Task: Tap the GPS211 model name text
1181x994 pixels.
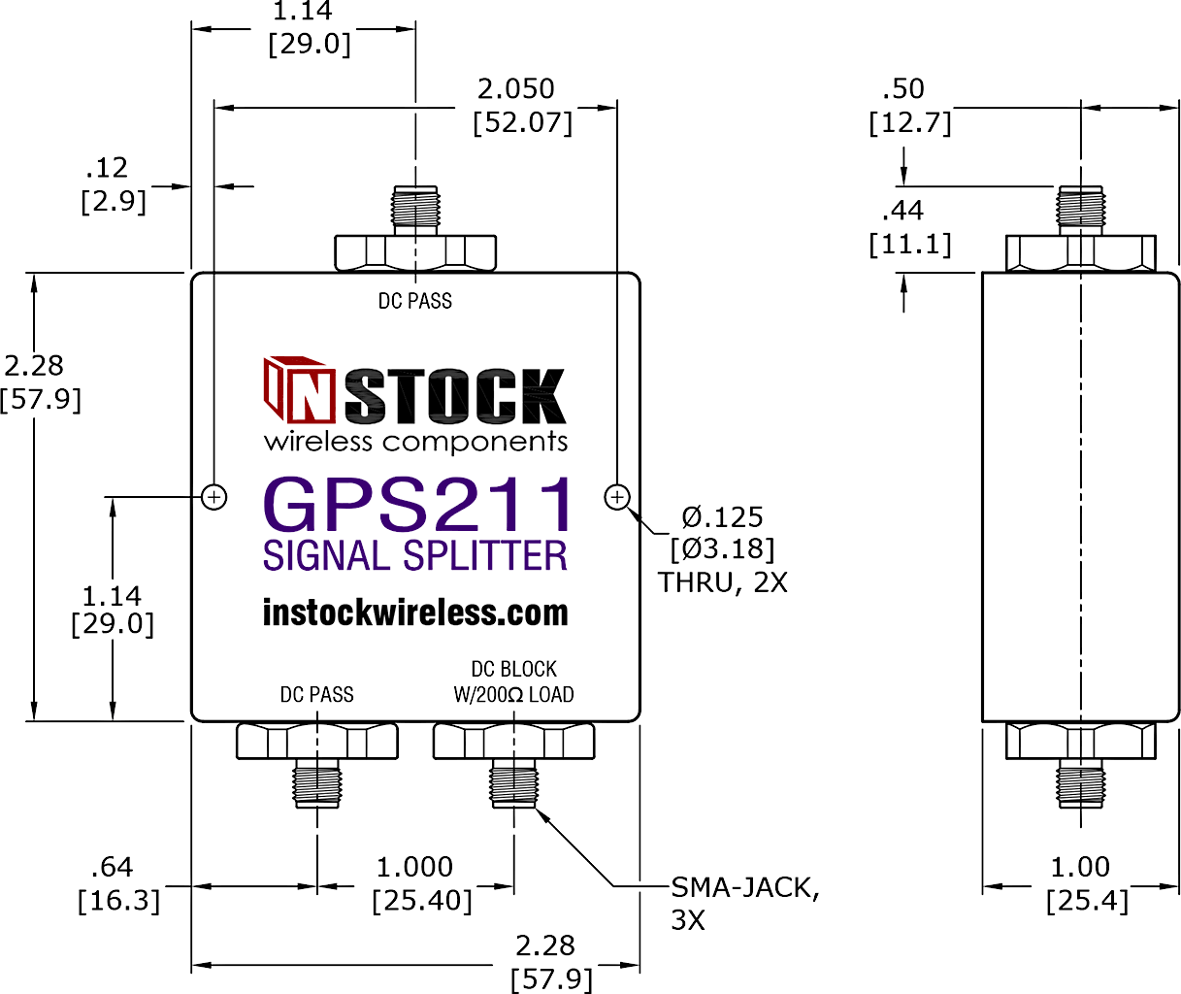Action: (417, 505)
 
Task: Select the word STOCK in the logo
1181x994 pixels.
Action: (455, 396)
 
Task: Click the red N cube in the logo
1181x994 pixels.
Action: (299, 390)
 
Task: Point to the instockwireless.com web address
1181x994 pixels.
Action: (415, 613)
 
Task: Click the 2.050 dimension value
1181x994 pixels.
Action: (516, 89)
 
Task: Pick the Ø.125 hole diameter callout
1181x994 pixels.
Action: (722, 517)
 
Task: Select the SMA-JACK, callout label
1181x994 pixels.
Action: (745, 887)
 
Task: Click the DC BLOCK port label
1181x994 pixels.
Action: (513, 669)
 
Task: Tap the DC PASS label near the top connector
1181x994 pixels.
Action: (415, 300)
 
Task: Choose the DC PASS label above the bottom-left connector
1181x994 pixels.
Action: (316, 694)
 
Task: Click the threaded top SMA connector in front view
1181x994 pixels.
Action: (415, 211)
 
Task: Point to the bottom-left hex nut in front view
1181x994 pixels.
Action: (316, 741)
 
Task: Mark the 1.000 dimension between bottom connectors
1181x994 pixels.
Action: (414, 867)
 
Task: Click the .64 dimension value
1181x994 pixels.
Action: (112, 867)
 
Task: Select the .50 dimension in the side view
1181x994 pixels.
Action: (902, 89)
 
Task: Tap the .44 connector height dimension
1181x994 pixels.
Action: (902, 211)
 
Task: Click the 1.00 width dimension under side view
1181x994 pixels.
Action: (1080, 867)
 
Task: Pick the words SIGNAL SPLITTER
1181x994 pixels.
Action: (415, 555)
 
